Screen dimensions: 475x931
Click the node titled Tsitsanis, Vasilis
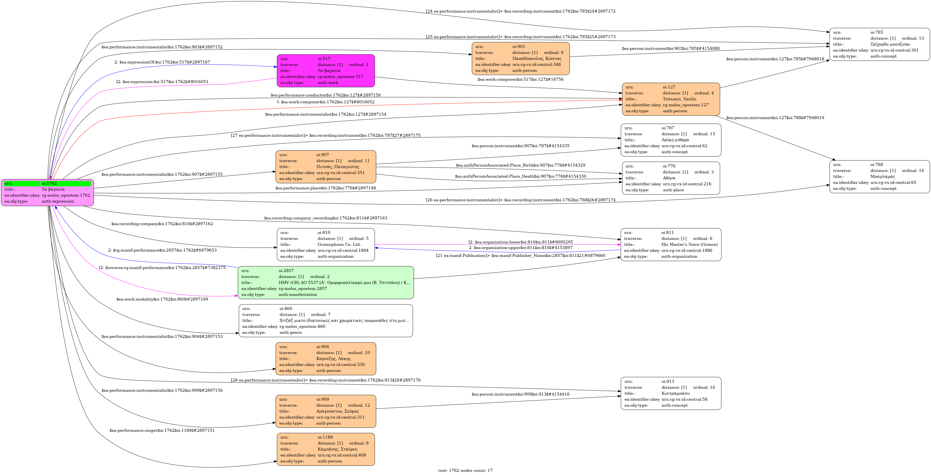(x=671, y=99)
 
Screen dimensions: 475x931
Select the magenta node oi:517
(x=326, y=71)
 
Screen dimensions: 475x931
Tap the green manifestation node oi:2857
(x=326, y=282)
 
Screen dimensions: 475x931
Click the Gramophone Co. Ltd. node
(x=326, y=245)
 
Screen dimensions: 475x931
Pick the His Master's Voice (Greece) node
(x=671, y=245)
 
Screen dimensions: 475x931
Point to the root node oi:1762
(x=47, y=193)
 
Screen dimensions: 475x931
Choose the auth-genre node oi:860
(x=326, y=321)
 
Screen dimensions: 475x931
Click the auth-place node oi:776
(x=671, y=178)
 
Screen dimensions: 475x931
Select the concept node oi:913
(x=671, y=393)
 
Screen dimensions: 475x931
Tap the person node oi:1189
(x=326, y=449)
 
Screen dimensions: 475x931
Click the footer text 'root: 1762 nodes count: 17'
(x=465, y=470)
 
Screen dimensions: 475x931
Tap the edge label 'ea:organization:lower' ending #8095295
(x=520, y=242)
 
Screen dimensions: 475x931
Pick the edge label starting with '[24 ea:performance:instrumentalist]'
(x=520, y=11)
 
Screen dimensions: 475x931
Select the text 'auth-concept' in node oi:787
(x=674, y=152)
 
